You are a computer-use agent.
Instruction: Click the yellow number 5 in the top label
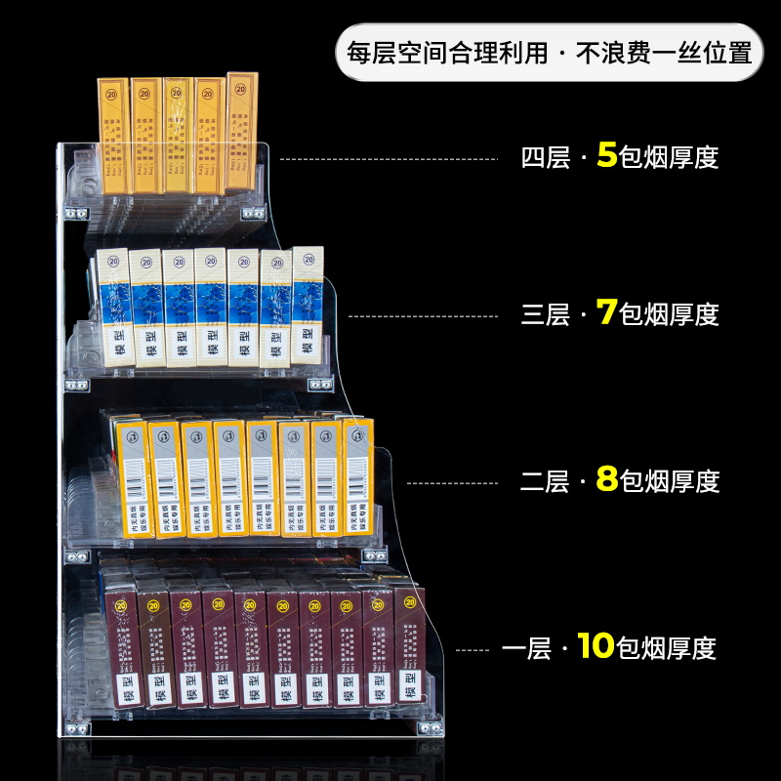(606, 155)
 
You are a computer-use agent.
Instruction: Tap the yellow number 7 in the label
(606, 313)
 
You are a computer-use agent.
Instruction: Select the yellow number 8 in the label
(606, 480)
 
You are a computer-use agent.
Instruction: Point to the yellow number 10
(595, 646)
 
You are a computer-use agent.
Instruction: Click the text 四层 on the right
(546, 157)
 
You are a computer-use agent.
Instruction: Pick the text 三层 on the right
(546, 314)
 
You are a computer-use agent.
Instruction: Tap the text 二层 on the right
(546, 481)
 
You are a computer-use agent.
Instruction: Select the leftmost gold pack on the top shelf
(114, 136)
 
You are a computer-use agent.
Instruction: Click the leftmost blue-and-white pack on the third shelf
(112, 308)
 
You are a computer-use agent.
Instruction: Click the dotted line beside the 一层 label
(473, 648)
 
